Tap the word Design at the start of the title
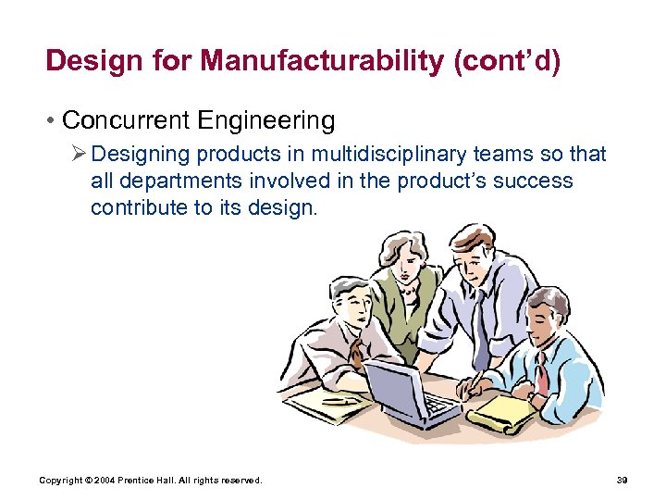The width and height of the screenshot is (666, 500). click(91, 61)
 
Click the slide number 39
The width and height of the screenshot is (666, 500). click(621, 480)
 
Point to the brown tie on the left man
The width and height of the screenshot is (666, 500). click(357, 352)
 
